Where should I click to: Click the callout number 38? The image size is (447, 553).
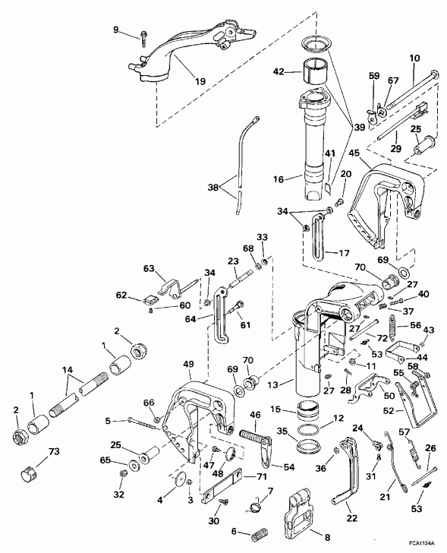(x=212, y=185)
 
